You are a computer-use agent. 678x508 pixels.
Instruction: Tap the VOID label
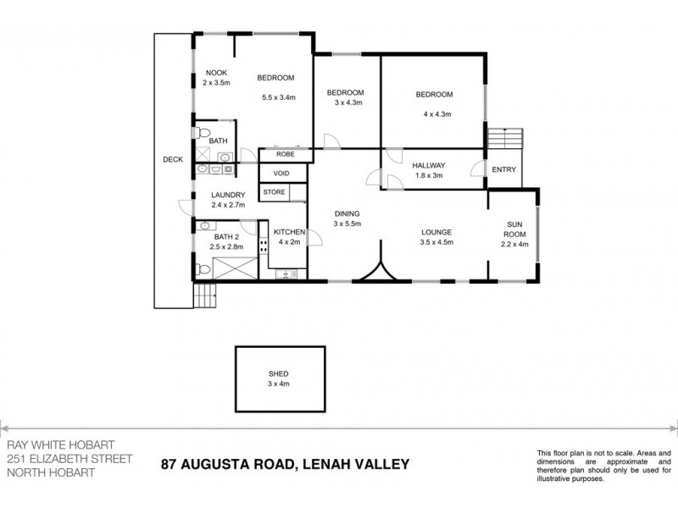(x=281, y=174)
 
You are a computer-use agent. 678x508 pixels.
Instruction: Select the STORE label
(x=274, y=193)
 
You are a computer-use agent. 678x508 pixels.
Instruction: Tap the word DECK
(x=172, y=159)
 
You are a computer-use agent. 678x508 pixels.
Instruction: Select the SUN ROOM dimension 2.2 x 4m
(x=514, y=244)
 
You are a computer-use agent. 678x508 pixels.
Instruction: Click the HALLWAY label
(x=429, y=165)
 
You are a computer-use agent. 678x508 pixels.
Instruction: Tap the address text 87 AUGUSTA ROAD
(x=225, y=464)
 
